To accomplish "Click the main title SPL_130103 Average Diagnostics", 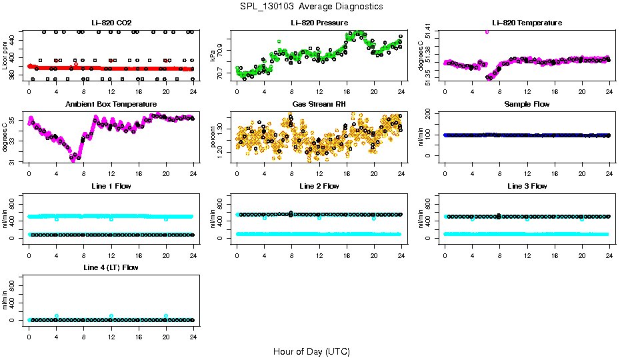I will tap(312, 6).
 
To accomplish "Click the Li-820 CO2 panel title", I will tap(111, 23).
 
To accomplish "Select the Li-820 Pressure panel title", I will tap(319, 23).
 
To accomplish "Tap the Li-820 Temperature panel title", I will tap(527, 23).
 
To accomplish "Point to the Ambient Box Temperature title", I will tap(111, 104).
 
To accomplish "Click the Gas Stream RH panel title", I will tap(319, 104).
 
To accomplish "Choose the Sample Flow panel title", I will tap(527, 104).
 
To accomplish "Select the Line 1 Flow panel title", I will tap(111, 186).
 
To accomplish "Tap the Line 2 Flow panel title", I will tap(319, 186).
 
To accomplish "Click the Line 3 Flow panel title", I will tap(527, 186).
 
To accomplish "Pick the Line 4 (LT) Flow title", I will tap(111, 267).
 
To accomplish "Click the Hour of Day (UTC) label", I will tap(311, 351).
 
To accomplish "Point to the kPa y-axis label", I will tap(213, 55).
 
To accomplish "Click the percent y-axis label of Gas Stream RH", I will tap(213, 137).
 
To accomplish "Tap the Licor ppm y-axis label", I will tap(5, 55).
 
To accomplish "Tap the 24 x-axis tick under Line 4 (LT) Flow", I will tap(193, 331).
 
